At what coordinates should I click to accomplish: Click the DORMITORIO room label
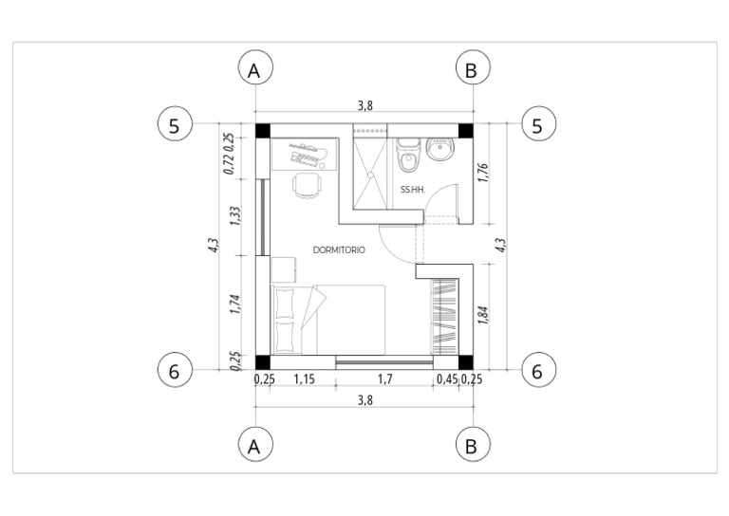coord(339,249)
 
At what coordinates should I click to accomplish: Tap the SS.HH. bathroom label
coord(413,190)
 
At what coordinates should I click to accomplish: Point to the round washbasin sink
coord(440,149)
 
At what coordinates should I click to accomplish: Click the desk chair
coord(308,185)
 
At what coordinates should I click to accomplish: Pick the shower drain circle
coord(371,175)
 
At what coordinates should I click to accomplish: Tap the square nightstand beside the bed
coord(283,269)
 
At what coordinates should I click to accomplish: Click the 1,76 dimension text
coord(483,173)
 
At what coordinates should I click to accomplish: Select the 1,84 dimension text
coord(483,315)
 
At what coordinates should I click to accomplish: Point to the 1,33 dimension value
coord(235,216)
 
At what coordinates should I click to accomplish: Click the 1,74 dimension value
coord(235,304)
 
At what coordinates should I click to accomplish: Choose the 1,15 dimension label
coord(305,379)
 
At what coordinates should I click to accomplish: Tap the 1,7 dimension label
coord(385,379)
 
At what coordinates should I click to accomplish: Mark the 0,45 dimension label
coord(447,379)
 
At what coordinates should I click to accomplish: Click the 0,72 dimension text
coord(229,164)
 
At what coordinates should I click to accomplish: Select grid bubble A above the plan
coord(255,67)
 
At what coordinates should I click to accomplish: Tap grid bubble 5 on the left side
coord(175,124)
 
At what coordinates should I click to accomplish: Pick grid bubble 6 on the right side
coord(538,370)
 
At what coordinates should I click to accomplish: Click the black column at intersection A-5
coord(263,131)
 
